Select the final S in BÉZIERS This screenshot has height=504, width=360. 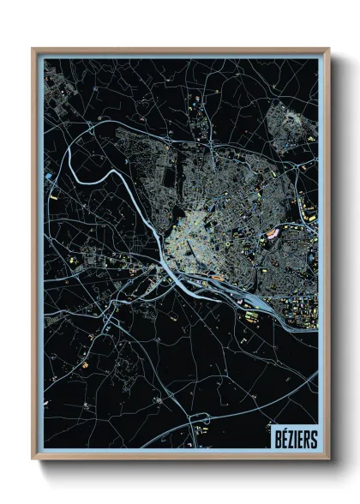coord(314,439)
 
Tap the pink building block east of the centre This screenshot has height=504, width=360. coord(273,231)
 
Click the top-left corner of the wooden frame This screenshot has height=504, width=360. coord(33,50)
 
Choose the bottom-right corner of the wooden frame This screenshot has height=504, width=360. coord(328,459)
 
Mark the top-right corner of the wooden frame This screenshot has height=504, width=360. coord(328,50)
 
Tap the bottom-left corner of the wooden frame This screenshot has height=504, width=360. coord(33,459)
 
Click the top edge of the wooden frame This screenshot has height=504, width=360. coord(180,50)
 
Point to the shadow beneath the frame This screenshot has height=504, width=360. coord(184,467)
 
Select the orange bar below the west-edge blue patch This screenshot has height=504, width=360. coord(52,196)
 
